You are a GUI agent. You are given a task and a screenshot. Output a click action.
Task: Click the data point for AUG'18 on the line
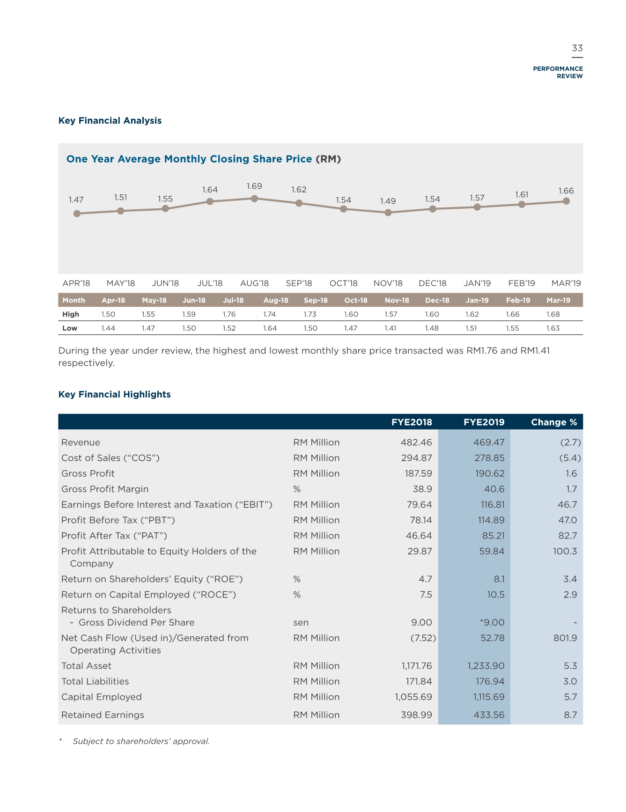coord(254,199)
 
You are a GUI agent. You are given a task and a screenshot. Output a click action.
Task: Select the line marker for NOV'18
coord(388,213)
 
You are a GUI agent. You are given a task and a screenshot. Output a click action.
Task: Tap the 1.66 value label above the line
coord(566,191)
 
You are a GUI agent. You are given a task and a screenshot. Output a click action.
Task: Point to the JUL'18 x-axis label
coord(210,283)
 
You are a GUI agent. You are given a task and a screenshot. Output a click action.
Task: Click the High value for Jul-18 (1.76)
coord(229,314)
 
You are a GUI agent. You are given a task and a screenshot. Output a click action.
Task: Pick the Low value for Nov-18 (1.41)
coord(390,328)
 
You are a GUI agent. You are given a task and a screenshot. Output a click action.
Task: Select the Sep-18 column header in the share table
coord(316,300)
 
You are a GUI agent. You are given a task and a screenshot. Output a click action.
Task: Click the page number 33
coord(577,48)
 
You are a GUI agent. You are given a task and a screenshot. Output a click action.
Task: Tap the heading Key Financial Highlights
coord(115,394)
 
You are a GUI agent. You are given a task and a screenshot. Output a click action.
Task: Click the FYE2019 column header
coord(484,422)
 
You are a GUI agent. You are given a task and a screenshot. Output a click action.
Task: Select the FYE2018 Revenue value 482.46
coord(416,443)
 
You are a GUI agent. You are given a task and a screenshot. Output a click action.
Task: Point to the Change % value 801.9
coord(565,638)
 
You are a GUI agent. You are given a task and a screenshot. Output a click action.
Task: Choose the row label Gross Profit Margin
coord(105,489)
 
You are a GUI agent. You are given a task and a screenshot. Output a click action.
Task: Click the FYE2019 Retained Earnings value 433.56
coord(489,715)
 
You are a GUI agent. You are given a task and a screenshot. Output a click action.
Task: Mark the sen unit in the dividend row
coord(301,622)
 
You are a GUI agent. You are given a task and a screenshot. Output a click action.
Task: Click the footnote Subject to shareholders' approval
coord(141,741)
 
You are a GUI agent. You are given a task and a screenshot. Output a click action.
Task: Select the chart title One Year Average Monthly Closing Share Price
coord(189,159)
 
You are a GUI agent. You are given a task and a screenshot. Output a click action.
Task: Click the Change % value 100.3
coord(565,551)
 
